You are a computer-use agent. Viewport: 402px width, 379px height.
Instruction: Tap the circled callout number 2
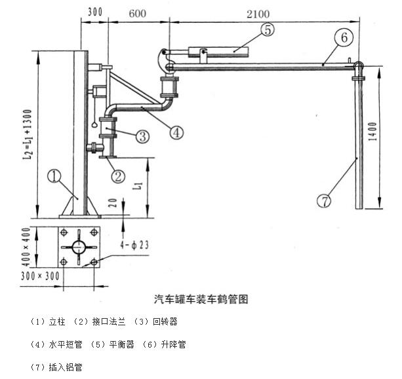tap(118, 175)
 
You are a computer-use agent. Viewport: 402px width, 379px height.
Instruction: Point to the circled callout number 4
tap(176, 132)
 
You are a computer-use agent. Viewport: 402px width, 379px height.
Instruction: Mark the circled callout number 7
tap(323, 202)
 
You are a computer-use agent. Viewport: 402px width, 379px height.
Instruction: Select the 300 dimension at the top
tap(94, 11)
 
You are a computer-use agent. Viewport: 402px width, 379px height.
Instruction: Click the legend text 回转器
tap(165, 322)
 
